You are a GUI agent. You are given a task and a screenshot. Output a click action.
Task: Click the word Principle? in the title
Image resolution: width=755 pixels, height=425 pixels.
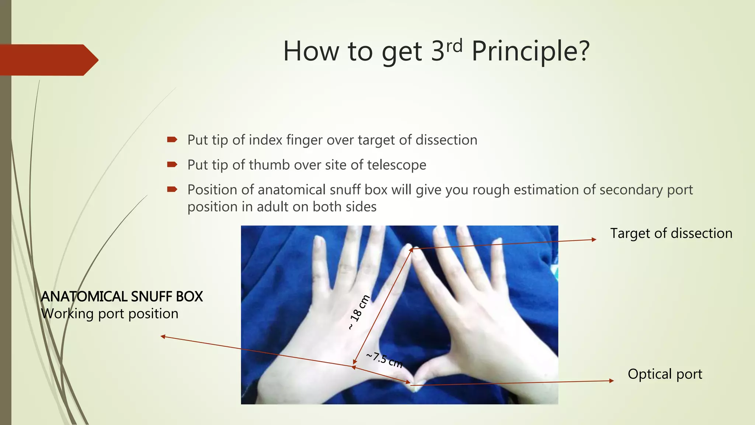[530, 52]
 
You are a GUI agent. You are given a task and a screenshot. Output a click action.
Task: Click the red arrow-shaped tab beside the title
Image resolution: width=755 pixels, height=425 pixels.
[48, 60]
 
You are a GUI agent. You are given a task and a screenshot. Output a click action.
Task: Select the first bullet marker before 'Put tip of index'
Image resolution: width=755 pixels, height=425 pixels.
[172, 139]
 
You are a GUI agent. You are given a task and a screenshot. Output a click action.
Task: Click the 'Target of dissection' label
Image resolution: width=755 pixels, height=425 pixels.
[671, 234]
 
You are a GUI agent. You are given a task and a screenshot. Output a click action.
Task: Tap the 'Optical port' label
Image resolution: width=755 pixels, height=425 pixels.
[665, 374]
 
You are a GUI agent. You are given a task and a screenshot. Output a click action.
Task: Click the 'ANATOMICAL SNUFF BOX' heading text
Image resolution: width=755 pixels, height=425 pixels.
[122, 297]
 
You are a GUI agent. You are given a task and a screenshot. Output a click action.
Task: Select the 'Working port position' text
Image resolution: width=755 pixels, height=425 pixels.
[109, 314]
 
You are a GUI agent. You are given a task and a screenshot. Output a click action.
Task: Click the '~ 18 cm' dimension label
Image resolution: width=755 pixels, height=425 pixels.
[359, 312]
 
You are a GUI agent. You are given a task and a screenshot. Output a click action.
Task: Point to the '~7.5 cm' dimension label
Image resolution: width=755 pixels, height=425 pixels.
[385, 360]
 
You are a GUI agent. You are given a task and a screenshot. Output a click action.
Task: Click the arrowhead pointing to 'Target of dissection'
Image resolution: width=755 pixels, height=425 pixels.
[594, 239]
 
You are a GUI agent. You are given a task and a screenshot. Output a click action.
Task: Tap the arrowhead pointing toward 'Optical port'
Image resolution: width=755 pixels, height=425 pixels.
[612, 381]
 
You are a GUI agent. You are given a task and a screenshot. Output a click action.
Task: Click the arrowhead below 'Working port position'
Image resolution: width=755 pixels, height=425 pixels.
[163, 336]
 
